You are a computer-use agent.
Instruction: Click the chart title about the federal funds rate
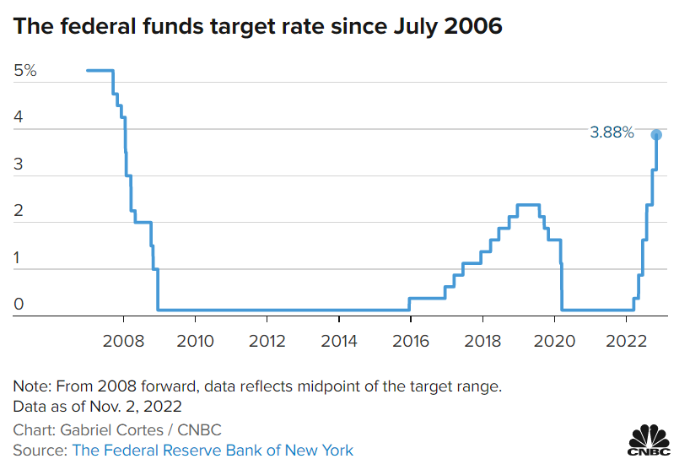pos(258,26)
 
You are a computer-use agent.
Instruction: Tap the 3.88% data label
pos(612,132)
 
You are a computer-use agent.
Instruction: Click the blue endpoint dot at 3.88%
pos(656,135)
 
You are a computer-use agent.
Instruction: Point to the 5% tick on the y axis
pos(25,71)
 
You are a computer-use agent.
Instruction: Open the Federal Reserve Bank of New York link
pos(213,450)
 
